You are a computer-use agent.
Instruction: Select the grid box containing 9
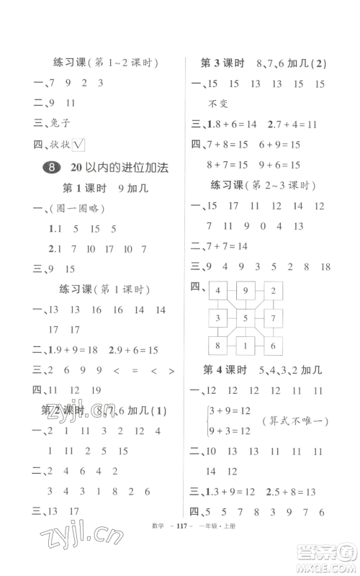(x=245, y=292)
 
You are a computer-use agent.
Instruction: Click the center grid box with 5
(x=245, y=318)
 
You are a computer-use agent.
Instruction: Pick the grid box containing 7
(x=272, y=318)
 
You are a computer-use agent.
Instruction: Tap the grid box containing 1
(x=245, y=346)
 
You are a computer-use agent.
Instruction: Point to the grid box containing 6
(x=272, y=346)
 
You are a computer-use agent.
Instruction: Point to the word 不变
(x=217, y=104)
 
